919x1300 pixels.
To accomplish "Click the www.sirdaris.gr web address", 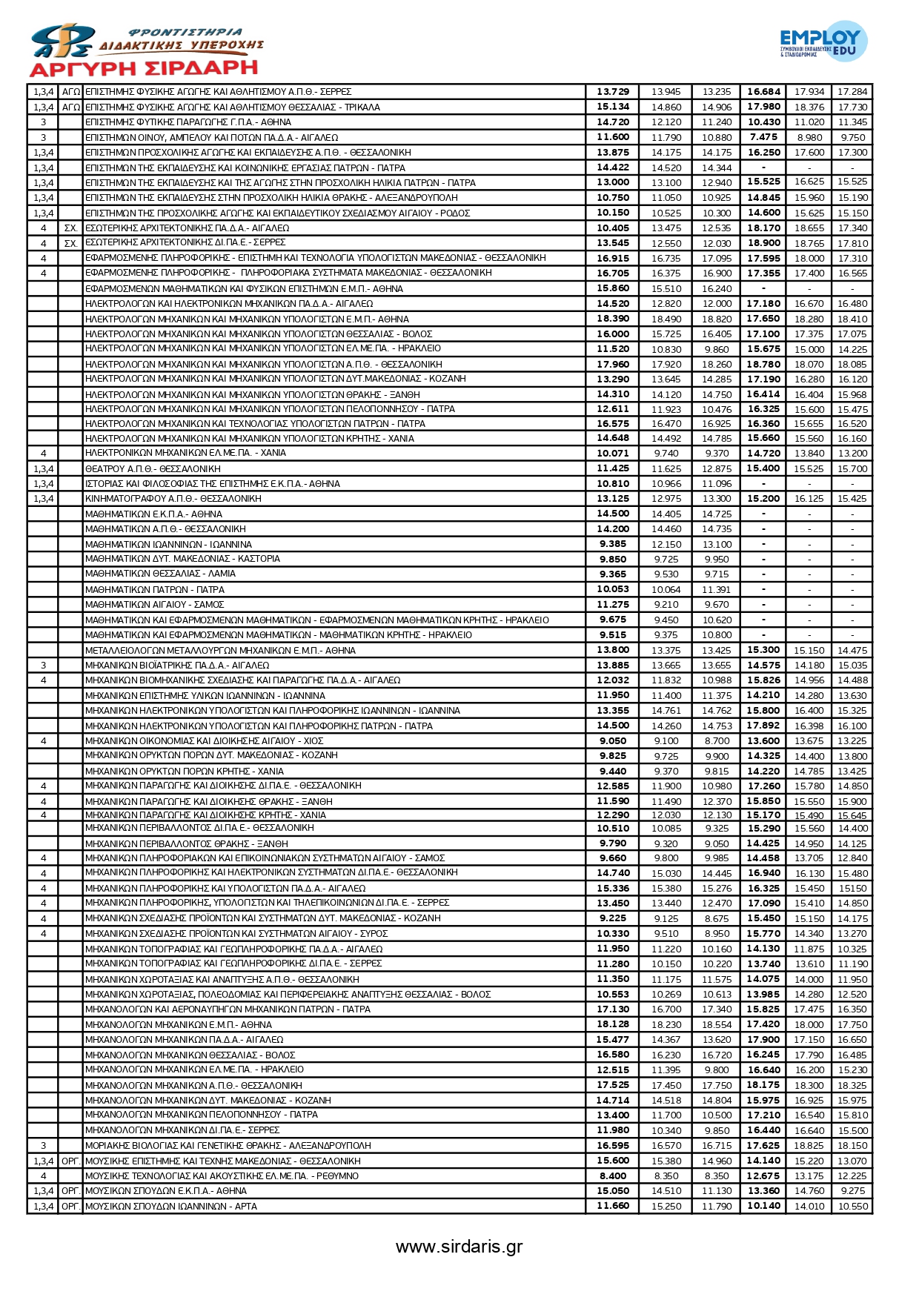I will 459,1246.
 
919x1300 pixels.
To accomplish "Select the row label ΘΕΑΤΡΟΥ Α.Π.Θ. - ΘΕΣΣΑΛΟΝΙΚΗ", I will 153,468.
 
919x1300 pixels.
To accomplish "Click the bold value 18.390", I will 613,319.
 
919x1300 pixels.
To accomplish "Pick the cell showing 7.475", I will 763,137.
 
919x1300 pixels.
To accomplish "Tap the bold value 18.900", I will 763,243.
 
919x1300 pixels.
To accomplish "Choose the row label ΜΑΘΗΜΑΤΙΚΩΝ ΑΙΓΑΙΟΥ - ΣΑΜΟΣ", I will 154,605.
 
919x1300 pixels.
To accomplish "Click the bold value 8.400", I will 613,1175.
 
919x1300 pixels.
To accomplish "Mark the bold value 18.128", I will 613,1024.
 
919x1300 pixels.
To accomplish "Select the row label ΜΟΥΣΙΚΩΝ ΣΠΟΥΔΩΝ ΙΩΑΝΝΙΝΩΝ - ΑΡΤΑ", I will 171,1206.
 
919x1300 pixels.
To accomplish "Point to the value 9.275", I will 852,1190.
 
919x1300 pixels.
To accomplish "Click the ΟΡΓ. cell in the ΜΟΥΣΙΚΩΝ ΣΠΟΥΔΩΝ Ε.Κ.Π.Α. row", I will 70,1190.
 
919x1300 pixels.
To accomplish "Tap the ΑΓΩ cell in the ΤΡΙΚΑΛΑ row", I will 70,107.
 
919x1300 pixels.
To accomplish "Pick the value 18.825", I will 809,1145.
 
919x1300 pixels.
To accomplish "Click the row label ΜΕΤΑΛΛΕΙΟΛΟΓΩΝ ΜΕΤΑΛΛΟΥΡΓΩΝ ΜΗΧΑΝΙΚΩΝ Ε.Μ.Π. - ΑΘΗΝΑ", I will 220,650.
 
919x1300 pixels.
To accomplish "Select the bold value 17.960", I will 613,364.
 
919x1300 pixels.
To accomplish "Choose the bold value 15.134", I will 613,107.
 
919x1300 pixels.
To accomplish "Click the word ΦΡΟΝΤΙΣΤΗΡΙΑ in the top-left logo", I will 185,32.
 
